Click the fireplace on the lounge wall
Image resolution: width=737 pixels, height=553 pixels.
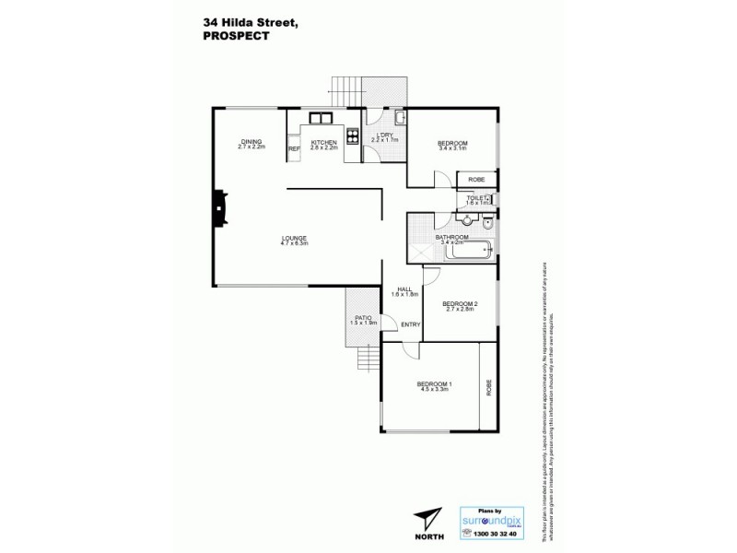click(220, 208)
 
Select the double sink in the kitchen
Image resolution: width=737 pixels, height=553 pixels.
click(321, 117)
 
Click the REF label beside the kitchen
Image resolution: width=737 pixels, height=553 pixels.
click(294, 148)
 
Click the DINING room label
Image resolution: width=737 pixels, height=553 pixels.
click(251, 141)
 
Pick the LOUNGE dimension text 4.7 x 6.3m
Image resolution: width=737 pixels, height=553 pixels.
click(294, 244)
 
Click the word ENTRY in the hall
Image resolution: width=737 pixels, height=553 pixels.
click(410, 324)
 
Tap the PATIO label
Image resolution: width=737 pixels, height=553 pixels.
click(361, 318)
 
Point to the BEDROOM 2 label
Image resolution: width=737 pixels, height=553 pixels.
click(459, 303)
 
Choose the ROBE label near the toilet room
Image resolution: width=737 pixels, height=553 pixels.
click(476, 179)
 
